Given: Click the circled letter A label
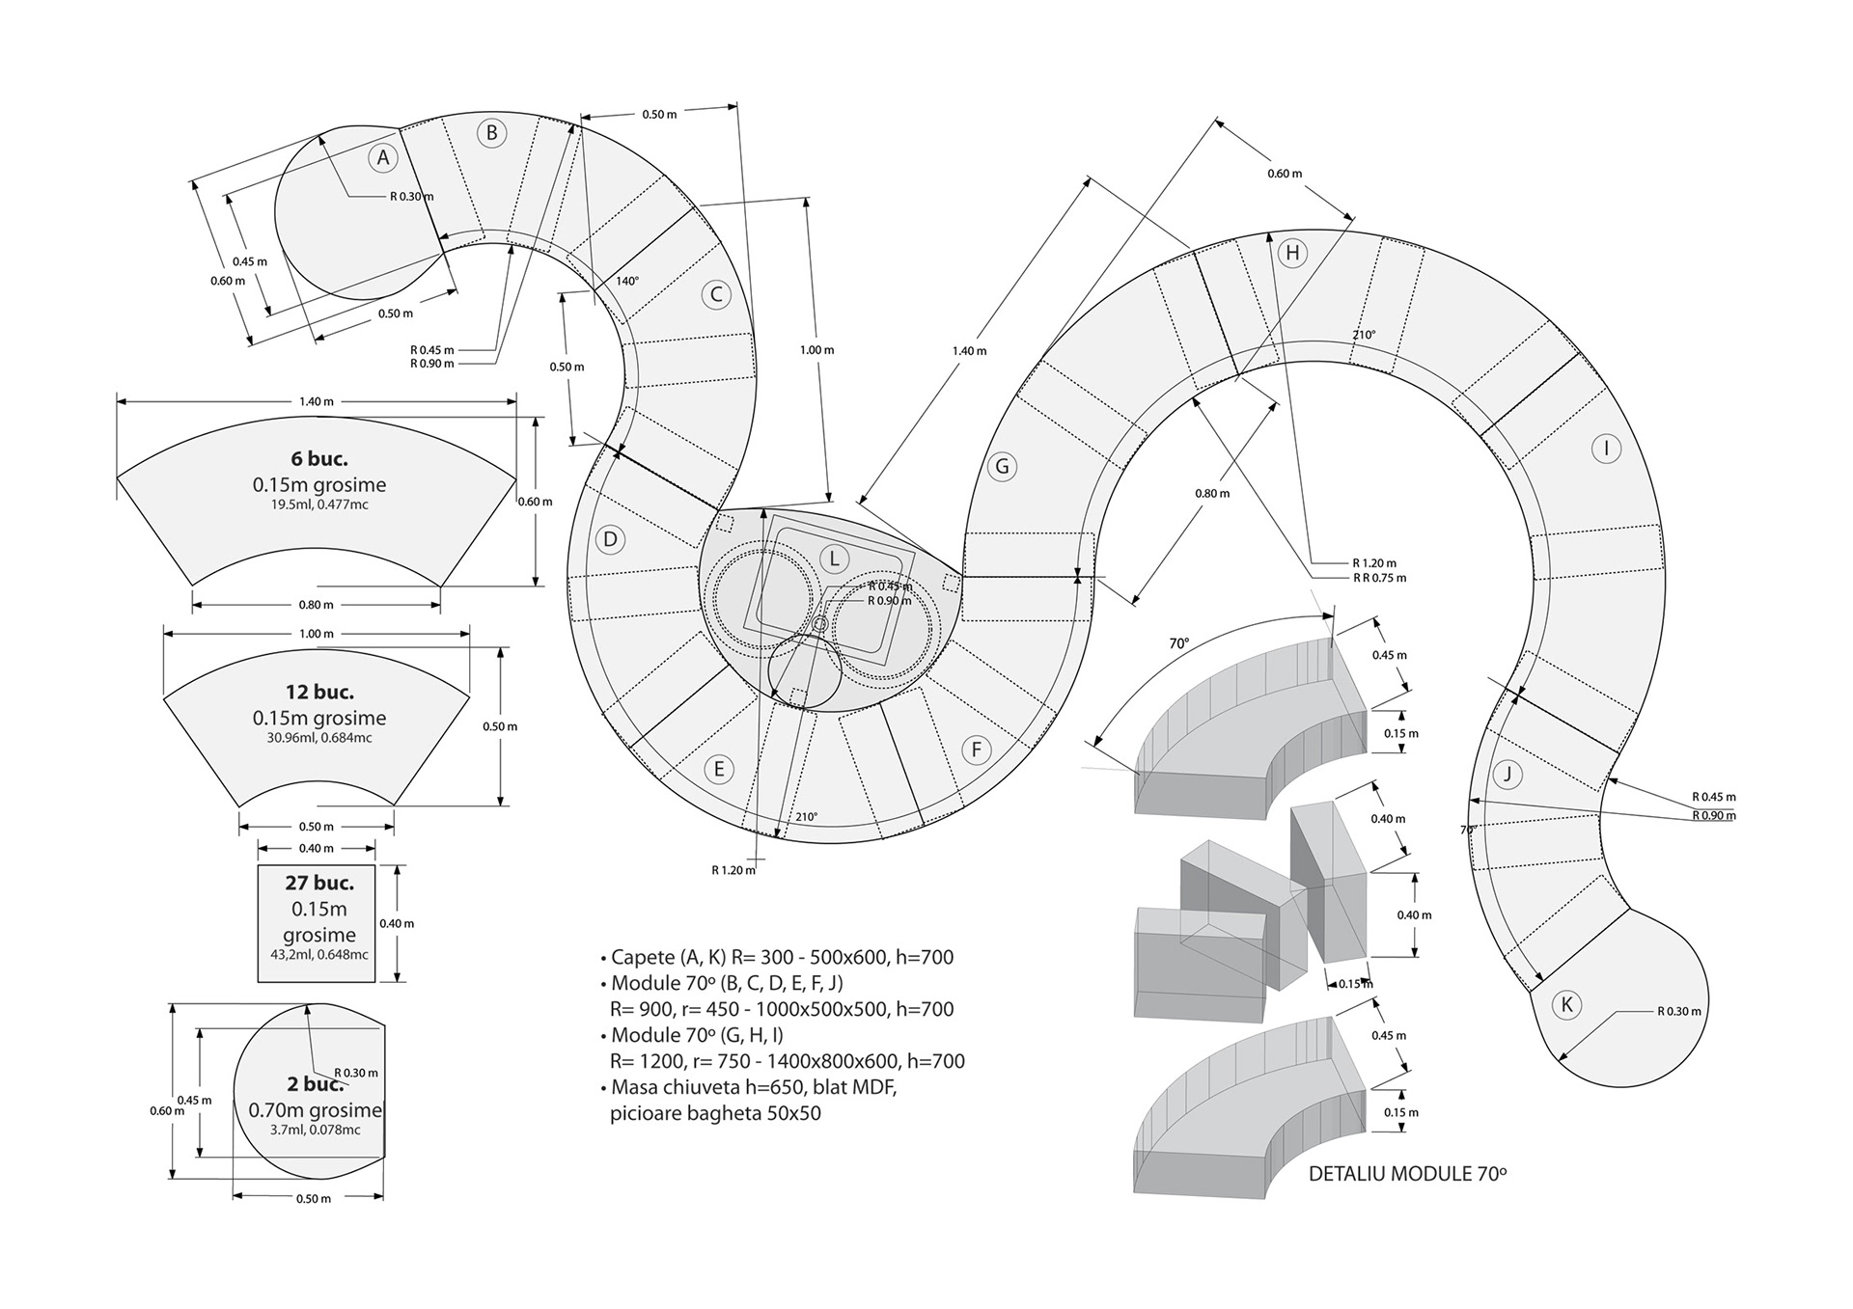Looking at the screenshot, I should point(383,158).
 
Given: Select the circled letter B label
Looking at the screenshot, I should point(491,133).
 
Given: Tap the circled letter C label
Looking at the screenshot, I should point(716,295).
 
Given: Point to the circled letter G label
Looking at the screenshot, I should point(1002,467).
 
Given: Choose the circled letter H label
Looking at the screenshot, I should point(1291,254).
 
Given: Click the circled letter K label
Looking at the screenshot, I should point(1566,1005).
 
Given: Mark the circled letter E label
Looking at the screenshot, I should point(718,769).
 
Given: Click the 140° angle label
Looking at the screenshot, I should point(627,282).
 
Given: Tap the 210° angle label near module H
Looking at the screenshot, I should point(1364,335).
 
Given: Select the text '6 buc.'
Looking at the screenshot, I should point(319,458).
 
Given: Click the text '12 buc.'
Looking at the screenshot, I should point(319,692).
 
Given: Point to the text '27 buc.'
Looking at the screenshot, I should point(319,883).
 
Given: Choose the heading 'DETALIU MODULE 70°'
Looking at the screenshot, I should point(1407,1174).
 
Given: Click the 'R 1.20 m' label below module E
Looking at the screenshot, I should point(733,870).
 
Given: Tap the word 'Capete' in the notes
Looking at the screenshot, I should point(643,957).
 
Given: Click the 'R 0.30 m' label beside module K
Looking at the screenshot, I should point(1679,1012).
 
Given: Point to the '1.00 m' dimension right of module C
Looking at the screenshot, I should point(816,349).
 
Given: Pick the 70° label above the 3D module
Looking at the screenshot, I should point(1178,642).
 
